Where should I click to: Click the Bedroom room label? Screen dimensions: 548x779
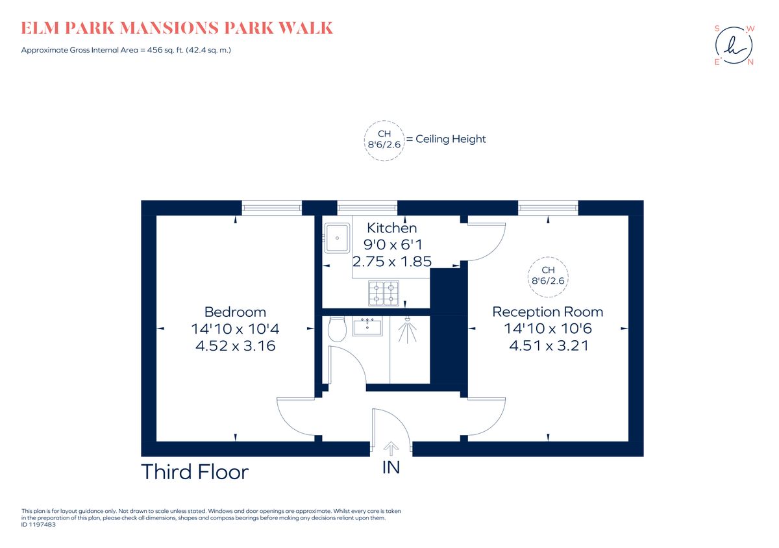(x=235, y=312)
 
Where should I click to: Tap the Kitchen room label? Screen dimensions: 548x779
(x=392, y=228)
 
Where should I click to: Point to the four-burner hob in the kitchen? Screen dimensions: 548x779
(x=384, y=293)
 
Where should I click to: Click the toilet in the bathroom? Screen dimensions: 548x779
(x=337, y=330)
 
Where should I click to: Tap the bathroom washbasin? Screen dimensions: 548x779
(x=367, y=327)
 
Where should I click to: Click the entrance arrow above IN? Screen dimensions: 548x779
(x=391, y=447)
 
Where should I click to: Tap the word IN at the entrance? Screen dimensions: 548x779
(x=391, y=467)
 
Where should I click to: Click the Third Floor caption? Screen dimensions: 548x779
(x=195, y=472)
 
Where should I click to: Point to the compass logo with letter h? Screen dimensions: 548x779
(x=734, y=45)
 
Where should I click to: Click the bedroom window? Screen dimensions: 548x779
(x=271, y=207)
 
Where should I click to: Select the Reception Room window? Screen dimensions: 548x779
(x=548, y=207)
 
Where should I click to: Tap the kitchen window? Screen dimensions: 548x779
(x=367, y=207)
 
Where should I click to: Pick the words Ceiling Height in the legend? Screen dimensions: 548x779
(x=451, y=139)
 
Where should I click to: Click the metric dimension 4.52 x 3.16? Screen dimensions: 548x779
(x=235, y=346)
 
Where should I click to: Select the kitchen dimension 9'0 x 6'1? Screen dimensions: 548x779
(x=392, y=245)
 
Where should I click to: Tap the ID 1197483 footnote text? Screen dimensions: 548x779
(x=39, y=524)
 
